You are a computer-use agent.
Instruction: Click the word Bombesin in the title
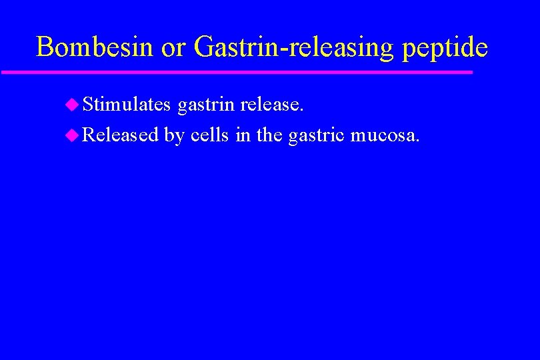click(x=95, y=47)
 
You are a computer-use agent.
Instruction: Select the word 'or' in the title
click(x=176, y=48)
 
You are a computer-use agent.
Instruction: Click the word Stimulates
click(x=127, y=104)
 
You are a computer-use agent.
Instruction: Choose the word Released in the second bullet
click(x=121, y=135)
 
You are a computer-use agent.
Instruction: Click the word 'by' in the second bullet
click(x=174, y=136)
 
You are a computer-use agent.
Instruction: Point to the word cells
click(x=211, y=135)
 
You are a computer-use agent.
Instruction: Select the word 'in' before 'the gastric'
click(x=243, y=135)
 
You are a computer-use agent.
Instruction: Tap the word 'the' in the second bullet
click(x=269, y=135)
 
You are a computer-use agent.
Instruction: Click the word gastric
click(x=317, y=136)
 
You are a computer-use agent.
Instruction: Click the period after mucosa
click(x=418, y=141)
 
